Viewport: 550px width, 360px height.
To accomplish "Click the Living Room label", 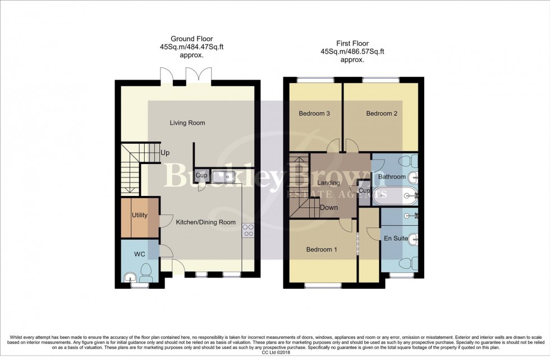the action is [x=187, y=123].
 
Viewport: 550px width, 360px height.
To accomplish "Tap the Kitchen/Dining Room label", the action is [x=205, y=222].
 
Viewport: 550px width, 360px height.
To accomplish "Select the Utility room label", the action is [x=140, y=215].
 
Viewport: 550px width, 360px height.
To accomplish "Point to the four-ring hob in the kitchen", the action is [x=248, y=230].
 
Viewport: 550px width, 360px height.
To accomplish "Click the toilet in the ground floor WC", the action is [x=145, y=272].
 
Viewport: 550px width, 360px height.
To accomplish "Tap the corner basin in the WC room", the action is [x=130, y=277].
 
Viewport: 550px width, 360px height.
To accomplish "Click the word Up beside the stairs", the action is [x=165, y=153].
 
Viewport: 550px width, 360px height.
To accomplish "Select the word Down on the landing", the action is [x=329, y=207].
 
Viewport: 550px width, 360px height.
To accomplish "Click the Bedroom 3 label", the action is [x=314, y=113].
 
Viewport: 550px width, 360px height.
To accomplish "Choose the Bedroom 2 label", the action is [x=382, y=113].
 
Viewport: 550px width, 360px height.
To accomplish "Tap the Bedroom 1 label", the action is [x=322, y=249].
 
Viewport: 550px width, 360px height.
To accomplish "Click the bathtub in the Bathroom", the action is [x=395, y=195].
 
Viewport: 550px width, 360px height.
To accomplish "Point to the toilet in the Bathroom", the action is [x=409, y=161].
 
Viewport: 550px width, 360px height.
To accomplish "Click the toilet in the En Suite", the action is [x=409, y=263].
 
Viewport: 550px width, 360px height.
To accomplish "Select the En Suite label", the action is [x=396, y=238].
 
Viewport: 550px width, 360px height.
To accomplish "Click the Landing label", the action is [x=328, y=183].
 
